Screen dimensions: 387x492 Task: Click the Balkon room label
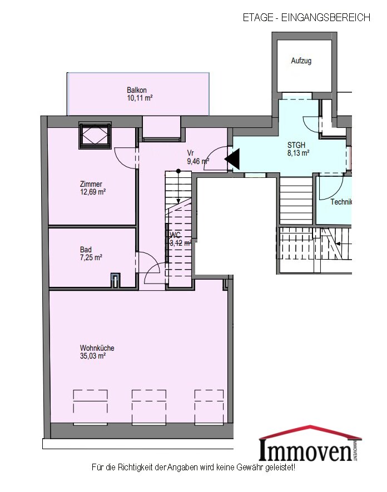tap(137, 90)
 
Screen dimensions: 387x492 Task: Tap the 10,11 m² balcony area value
tap(140, 98)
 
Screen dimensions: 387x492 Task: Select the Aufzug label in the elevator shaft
tap(301, 61)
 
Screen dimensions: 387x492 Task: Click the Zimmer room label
tap(91, 184)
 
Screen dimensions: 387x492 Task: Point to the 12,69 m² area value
tap(93, 192)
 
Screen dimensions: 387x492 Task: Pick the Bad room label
tap(86, 250)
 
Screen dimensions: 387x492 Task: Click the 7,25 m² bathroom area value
tap(91, 257)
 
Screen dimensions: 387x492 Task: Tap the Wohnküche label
tap(97, 348)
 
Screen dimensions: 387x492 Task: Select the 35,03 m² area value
tap(93, 356)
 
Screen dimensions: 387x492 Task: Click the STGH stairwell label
tap(296, 145)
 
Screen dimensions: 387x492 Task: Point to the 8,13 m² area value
tap(298, 153)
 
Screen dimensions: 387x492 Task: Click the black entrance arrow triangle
tap(232, 159)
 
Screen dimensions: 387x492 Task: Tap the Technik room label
tap(341, 202)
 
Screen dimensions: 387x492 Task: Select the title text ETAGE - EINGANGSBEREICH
tap(306, 17)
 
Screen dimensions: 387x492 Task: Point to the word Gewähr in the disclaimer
tap(250, 468)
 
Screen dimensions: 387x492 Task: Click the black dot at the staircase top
tap(178, 171)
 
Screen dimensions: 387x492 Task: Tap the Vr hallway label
tap(190, 153)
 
